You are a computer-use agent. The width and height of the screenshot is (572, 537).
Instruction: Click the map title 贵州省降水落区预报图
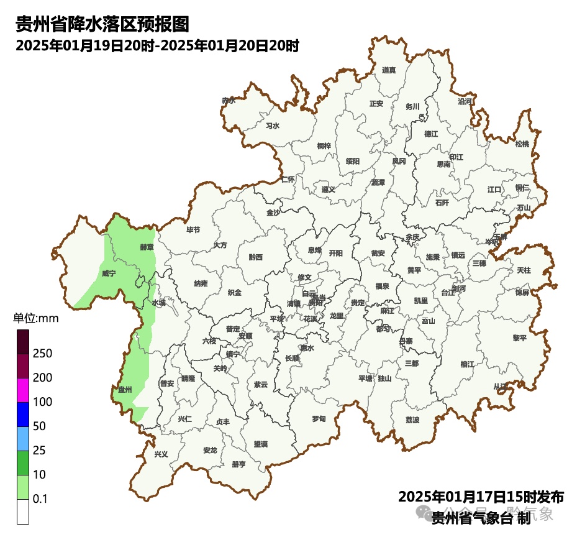tap(102, 24)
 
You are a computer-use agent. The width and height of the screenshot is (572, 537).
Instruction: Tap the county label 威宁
tap(109, 273)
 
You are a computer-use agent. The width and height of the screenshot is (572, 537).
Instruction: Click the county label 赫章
tap(147, 247)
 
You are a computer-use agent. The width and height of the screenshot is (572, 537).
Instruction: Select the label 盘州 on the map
tap(125, 389)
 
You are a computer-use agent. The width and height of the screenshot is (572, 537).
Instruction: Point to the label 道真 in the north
tap(389, 70)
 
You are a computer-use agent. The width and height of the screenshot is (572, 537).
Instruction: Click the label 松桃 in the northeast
tap(522, 144)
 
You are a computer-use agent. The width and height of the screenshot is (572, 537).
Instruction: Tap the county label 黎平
tap(519, 338)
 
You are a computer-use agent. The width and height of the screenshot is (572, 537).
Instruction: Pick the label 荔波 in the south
tap(412, 420)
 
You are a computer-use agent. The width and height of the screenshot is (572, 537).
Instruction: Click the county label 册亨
tap(238, 464)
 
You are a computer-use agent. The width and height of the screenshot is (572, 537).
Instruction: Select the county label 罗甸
tap(319, 418)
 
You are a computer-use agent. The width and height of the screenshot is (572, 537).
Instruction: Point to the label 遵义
tap(328, 190)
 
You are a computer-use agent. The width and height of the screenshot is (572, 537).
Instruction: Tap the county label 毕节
tap(193, 230)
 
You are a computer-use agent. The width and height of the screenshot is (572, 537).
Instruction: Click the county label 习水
tap(272, 126)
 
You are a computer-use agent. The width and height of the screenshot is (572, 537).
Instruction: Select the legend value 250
tap(43, 354)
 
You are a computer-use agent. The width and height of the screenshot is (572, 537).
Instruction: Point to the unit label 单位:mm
tap(36, 319)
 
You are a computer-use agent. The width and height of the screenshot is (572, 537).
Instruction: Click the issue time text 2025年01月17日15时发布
tap(481, 497)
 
